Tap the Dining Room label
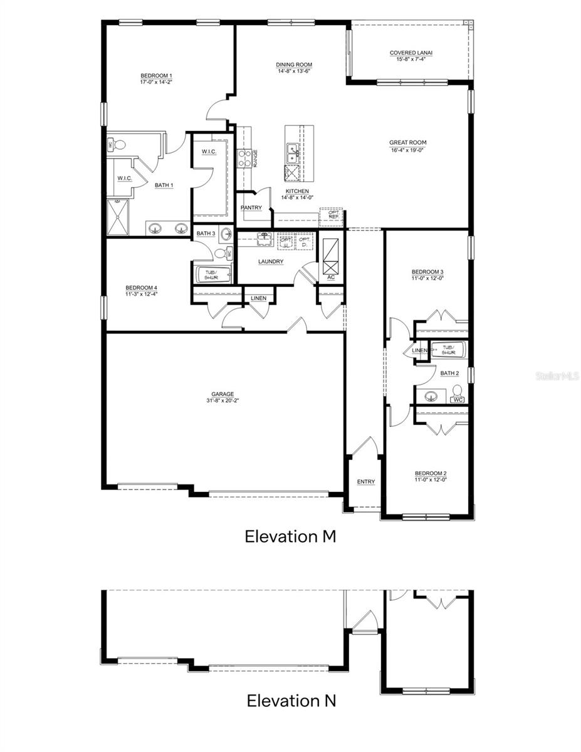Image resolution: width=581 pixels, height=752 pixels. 295,65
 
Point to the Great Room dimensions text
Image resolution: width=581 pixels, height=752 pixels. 407,150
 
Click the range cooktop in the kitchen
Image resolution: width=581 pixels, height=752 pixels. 243,159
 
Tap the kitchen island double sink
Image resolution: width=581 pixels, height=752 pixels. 292,150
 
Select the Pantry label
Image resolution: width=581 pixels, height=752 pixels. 251,208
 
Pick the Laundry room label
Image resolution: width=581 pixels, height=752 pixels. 271,262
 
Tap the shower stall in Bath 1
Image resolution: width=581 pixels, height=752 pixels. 119,216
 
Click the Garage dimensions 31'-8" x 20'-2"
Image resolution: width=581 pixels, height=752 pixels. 222,400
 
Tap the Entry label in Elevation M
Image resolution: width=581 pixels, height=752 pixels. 366,482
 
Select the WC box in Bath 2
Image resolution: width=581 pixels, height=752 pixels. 458,399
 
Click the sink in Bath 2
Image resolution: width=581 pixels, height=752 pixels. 431,396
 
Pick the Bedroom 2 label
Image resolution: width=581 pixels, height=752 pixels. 430,474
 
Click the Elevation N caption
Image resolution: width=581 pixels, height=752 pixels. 291,700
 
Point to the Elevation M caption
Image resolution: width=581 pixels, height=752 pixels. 291,536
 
